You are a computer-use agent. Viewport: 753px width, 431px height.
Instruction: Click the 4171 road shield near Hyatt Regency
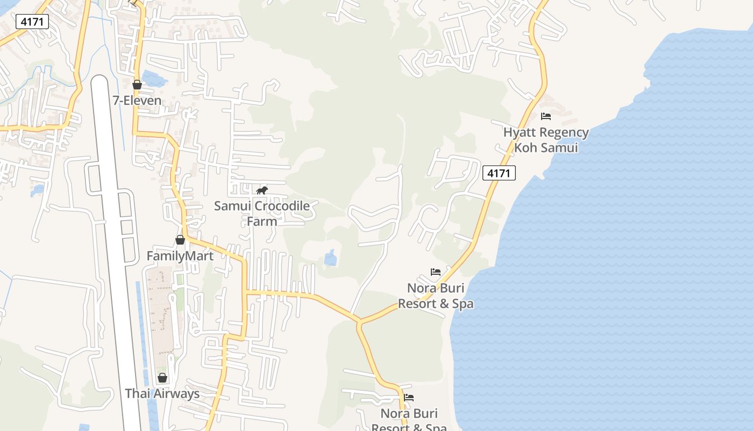(499, 173)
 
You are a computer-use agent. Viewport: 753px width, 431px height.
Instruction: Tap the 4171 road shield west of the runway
(32, 22)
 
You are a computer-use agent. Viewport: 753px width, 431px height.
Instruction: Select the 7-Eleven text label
(137, 100)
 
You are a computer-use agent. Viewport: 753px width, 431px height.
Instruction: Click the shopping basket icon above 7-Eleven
(137, 85)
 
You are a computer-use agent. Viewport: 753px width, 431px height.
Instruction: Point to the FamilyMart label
(180, 256)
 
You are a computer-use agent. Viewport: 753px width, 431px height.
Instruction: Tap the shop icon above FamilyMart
(180, 240)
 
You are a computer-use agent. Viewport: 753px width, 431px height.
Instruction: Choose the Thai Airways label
(162, 393)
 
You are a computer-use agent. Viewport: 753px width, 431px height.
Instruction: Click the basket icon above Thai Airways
(162, 378)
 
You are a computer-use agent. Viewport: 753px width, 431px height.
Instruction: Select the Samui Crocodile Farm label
(262, 213)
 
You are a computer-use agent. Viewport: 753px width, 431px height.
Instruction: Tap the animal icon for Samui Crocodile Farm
(262, 190)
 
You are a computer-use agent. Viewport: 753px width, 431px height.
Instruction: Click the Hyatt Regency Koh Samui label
(546, 140)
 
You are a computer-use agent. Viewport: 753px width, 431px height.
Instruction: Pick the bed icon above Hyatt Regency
(546, 116)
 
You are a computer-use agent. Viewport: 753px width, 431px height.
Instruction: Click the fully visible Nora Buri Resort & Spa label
(436, 296)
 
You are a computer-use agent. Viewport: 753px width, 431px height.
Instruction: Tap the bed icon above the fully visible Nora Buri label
(436, 272)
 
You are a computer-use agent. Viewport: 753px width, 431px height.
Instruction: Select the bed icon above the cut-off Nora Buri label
(409, 398)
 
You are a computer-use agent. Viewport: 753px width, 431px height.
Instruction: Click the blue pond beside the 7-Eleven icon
(154, 80)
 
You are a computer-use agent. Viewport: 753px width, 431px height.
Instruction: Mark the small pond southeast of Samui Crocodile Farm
(330, 259)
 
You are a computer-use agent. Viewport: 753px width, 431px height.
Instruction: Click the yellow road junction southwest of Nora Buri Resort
(359, 322)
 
